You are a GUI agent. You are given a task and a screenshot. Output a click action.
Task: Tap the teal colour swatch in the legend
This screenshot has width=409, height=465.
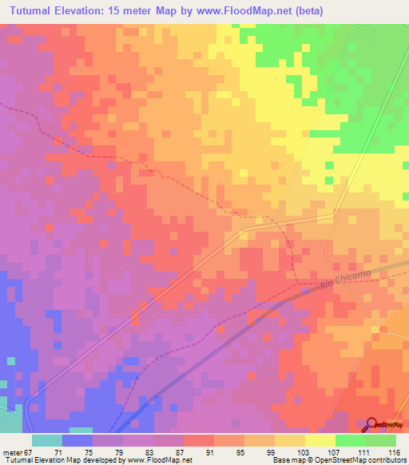(x=47, y=441)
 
